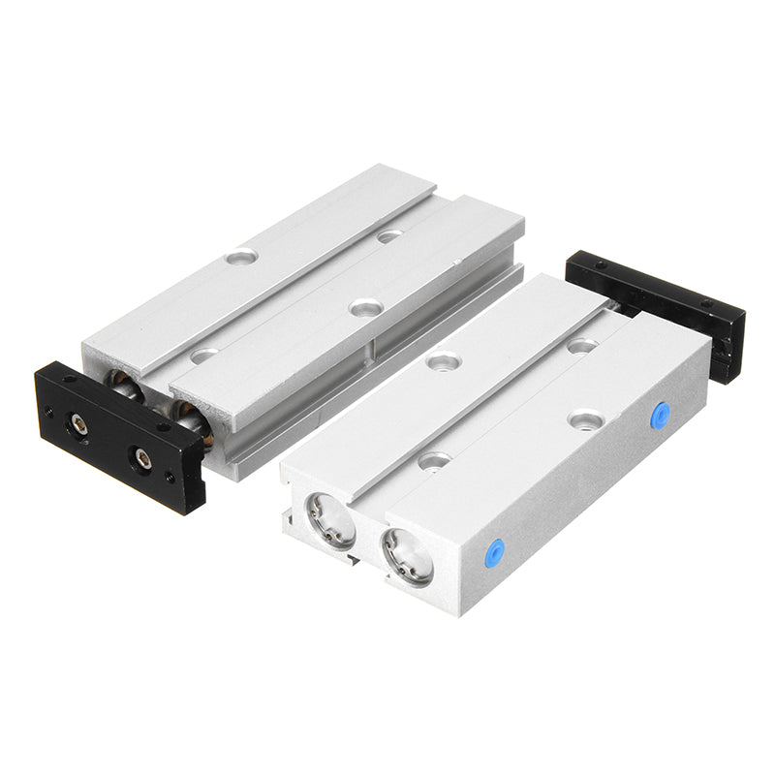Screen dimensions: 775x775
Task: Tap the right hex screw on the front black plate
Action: [142, 458]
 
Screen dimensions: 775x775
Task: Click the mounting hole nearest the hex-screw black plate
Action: [202, 356]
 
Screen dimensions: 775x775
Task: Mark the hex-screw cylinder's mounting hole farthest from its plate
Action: [389, 235]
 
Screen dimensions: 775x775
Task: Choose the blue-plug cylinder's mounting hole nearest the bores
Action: [432, 460]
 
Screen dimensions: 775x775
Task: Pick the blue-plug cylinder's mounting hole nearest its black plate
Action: [581, 345]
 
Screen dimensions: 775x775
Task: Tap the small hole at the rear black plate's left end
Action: [602, 263]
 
